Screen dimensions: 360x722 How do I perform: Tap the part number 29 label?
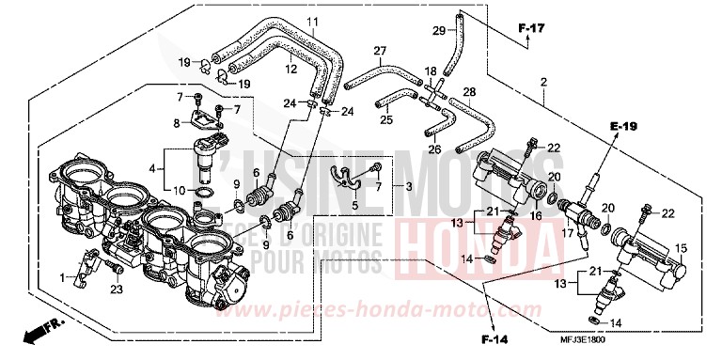[438, 32]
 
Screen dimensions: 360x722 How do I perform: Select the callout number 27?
[380, 50]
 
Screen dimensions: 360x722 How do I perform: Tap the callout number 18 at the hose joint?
[431, 70]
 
